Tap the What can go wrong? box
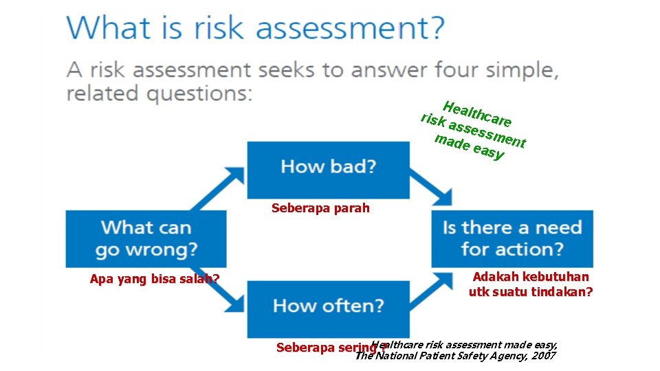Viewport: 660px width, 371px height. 146,238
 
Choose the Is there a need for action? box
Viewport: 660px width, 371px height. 511,238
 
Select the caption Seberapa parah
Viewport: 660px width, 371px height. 320,207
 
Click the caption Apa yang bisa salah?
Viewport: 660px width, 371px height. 155,279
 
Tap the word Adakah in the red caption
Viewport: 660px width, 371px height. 496,277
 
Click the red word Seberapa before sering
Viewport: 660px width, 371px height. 305,348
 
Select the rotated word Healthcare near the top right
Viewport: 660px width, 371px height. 476,115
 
